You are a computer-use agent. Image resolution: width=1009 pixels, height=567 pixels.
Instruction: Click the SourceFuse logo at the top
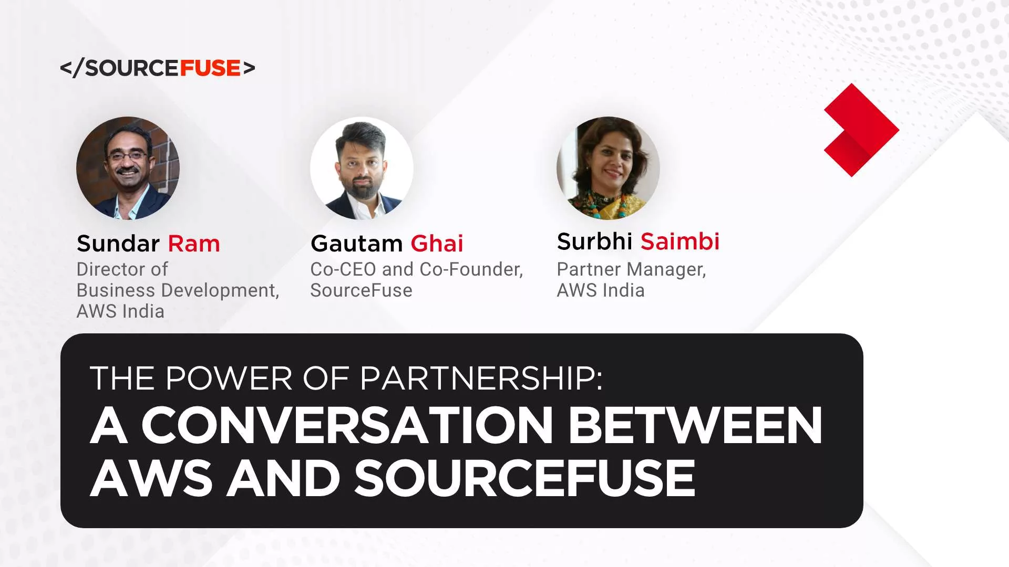(x=158, y=68)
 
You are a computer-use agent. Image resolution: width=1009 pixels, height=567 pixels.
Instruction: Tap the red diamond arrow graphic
(x=861, y=129)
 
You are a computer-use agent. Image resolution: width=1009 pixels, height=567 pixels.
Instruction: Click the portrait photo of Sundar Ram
(x=128, y=168)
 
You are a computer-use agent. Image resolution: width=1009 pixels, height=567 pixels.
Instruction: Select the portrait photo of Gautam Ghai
(x=362, y=168)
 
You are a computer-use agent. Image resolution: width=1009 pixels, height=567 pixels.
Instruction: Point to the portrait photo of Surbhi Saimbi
(x=608, y=168)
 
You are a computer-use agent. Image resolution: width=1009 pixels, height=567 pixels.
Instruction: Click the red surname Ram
(x=194, y=244)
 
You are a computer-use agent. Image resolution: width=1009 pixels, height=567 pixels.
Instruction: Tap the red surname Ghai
(x=437, y=244)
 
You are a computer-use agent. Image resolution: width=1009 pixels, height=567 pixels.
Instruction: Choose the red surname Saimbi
(x=680, y=241)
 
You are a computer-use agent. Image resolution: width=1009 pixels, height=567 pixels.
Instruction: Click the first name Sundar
(x=118, y=244)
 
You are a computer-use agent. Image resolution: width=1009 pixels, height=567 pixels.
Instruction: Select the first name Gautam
(x=357, y=244)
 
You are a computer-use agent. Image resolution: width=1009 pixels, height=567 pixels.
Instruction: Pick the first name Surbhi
(x=594, y=241)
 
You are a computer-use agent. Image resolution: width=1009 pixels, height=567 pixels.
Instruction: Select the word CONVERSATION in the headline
(x=347, y=425)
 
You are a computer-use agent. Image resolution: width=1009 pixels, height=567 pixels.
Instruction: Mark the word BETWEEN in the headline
(x=695, y=425)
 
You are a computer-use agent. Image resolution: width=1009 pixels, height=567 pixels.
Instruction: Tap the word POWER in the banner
(x=229, y=378)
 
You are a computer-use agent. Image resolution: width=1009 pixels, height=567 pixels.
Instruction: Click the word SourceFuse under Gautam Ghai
(x=361, y=290)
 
